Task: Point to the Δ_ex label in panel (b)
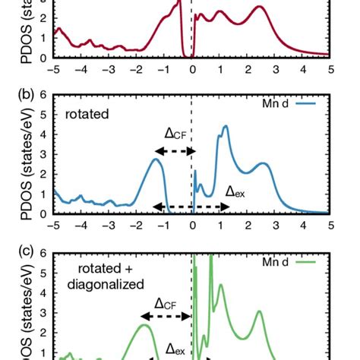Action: [236, 192]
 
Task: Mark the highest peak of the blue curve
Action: [226, 126]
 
